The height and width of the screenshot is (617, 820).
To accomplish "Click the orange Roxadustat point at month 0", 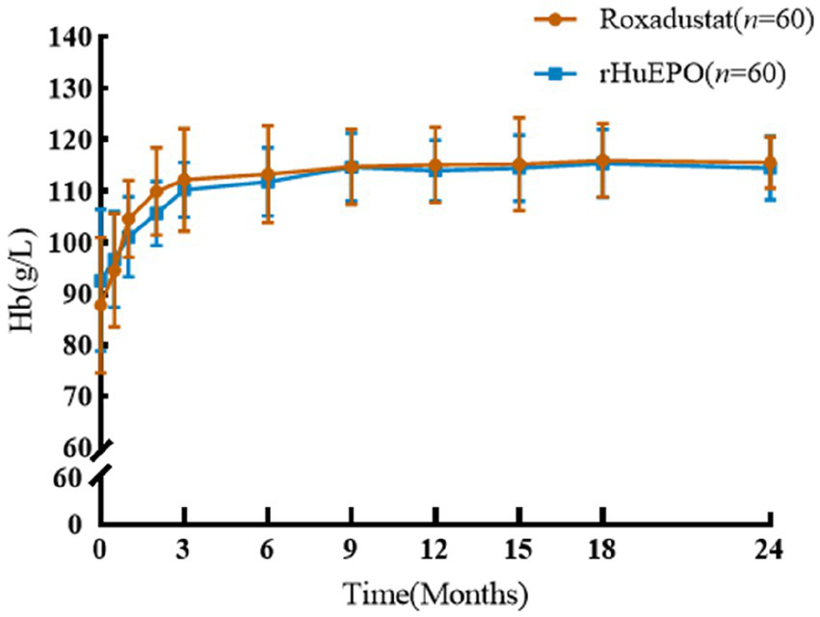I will click(x=100, y=304).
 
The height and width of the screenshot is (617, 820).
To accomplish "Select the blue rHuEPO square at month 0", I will click(x=99, y=280).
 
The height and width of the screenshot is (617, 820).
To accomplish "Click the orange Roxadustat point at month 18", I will click(x=602, y=161).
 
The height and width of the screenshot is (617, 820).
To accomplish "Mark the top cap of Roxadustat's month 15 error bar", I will click(x=519, y=117).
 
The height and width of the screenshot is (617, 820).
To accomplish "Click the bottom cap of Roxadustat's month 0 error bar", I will click(x=100, y=373).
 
